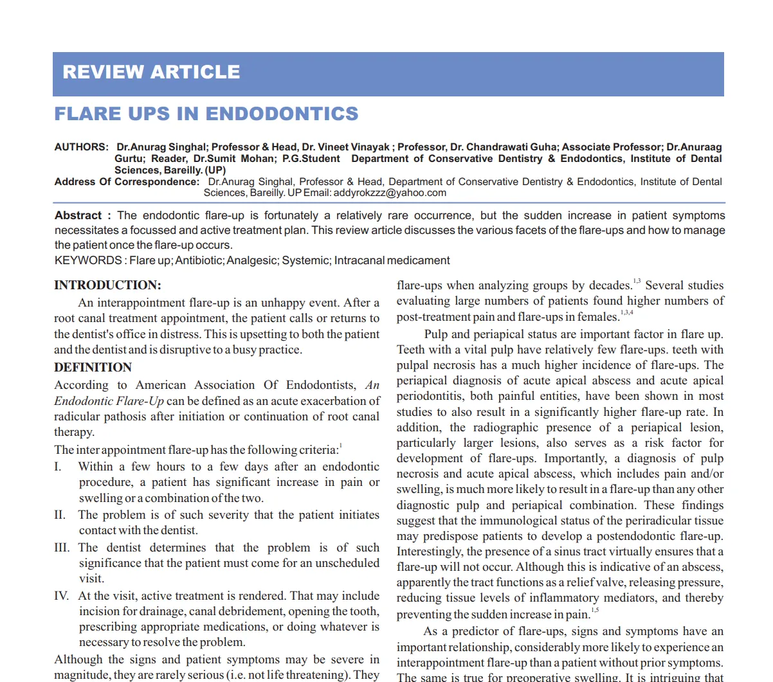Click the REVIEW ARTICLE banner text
(151, 72)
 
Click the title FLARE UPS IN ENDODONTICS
(206, 114)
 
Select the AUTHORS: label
(81, 147)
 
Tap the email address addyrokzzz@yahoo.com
(390, 193)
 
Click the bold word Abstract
(78, 215)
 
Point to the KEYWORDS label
(88, 260)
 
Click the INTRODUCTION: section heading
(107, 285)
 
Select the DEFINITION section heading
(93, 368)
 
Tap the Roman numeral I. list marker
(59, 467)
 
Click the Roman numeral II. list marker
(60, 515)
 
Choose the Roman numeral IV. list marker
(62, 596)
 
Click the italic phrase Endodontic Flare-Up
(109, 401)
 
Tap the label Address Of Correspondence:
(127, 182)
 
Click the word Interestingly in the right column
(430, 552)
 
